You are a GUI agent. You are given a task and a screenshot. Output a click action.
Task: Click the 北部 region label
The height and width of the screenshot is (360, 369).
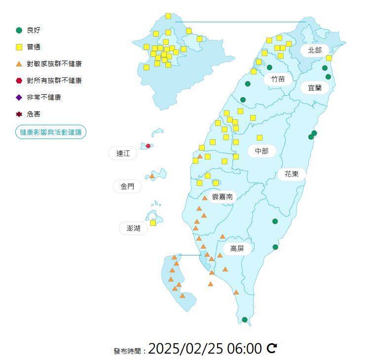[315, 50]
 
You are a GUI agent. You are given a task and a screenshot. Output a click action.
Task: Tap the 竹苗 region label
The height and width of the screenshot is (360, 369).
[278, 78]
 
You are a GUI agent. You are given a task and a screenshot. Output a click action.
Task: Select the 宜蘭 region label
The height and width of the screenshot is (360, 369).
[315, 88]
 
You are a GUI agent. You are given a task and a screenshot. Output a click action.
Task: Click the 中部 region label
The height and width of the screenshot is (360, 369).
[261, 151]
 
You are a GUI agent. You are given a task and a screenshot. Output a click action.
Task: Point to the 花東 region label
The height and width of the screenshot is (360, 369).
[292, 174]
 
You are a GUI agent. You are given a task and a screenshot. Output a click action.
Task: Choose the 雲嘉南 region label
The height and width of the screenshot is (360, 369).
[222, 196]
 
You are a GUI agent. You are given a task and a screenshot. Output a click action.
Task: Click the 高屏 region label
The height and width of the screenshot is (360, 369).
[237, 249]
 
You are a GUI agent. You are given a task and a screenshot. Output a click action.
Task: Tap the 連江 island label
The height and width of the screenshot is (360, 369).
[123, 153]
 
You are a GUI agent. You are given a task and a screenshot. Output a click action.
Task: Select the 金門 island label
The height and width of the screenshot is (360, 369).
[127, 186]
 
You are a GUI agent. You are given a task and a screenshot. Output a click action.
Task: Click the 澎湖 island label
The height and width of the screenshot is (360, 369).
[133, 228]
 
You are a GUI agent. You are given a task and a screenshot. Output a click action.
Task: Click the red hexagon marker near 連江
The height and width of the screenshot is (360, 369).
[148, 146]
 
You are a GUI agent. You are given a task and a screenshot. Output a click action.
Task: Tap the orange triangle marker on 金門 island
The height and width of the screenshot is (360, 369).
[152, 176]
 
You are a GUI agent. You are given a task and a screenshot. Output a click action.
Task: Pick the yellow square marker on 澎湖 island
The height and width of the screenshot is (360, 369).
[153, 222]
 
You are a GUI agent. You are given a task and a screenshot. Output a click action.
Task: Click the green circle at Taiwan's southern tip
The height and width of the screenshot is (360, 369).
[245, 320]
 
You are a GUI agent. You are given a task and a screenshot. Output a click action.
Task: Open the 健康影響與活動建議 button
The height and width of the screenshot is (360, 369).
[51, 132]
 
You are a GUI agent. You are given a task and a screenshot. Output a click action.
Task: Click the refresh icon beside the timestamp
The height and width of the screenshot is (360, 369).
[272, 349]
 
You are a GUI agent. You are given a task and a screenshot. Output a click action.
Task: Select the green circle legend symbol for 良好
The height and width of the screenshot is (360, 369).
[19, 30]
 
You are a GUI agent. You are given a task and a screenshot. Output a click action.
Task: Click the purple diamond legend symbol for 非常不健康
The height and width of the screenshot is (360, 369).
[19, 97]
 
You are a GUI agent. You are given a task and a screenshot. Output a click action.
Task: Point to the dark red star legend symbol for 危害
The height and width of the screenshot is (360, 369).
[19, 114]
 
